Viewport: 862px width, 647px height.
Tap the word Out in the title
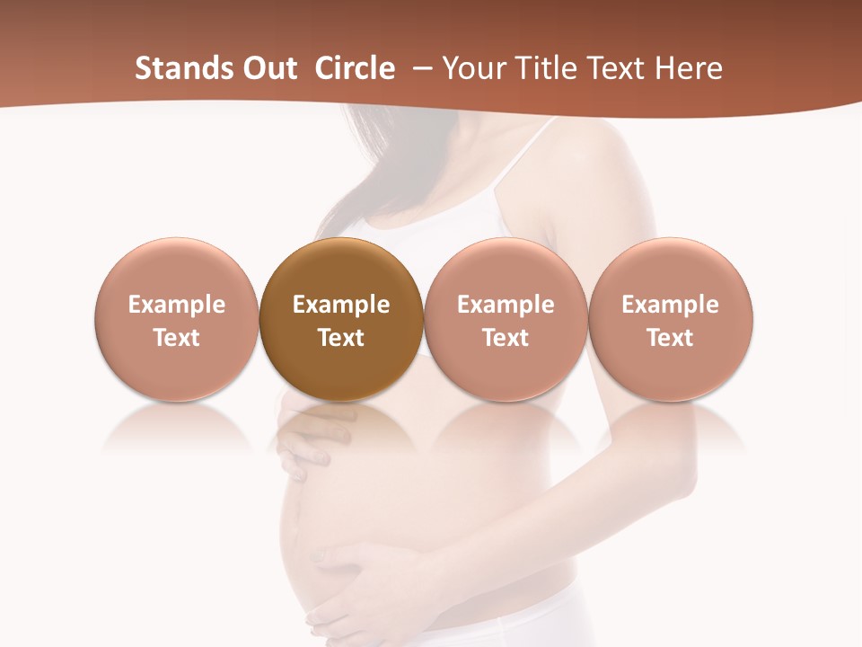(x=268, y=68)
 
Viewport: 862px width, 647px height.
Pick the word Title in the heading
(x=540, y=68)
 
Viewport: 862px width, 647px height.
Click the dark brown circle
(x=341, y=319)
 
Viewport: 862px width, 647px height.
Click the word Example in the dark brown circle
(x=341, y=305)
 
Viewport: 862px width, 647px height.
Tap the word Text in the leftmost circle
(x=177, y=338)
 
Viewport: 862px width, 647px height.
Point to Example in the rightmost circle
(x=671, y=305)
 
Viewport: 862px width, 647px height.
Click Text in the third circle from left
(x=506, y=338)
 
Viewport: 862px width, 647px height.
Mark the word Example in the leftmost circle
(x=177, y=305)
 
